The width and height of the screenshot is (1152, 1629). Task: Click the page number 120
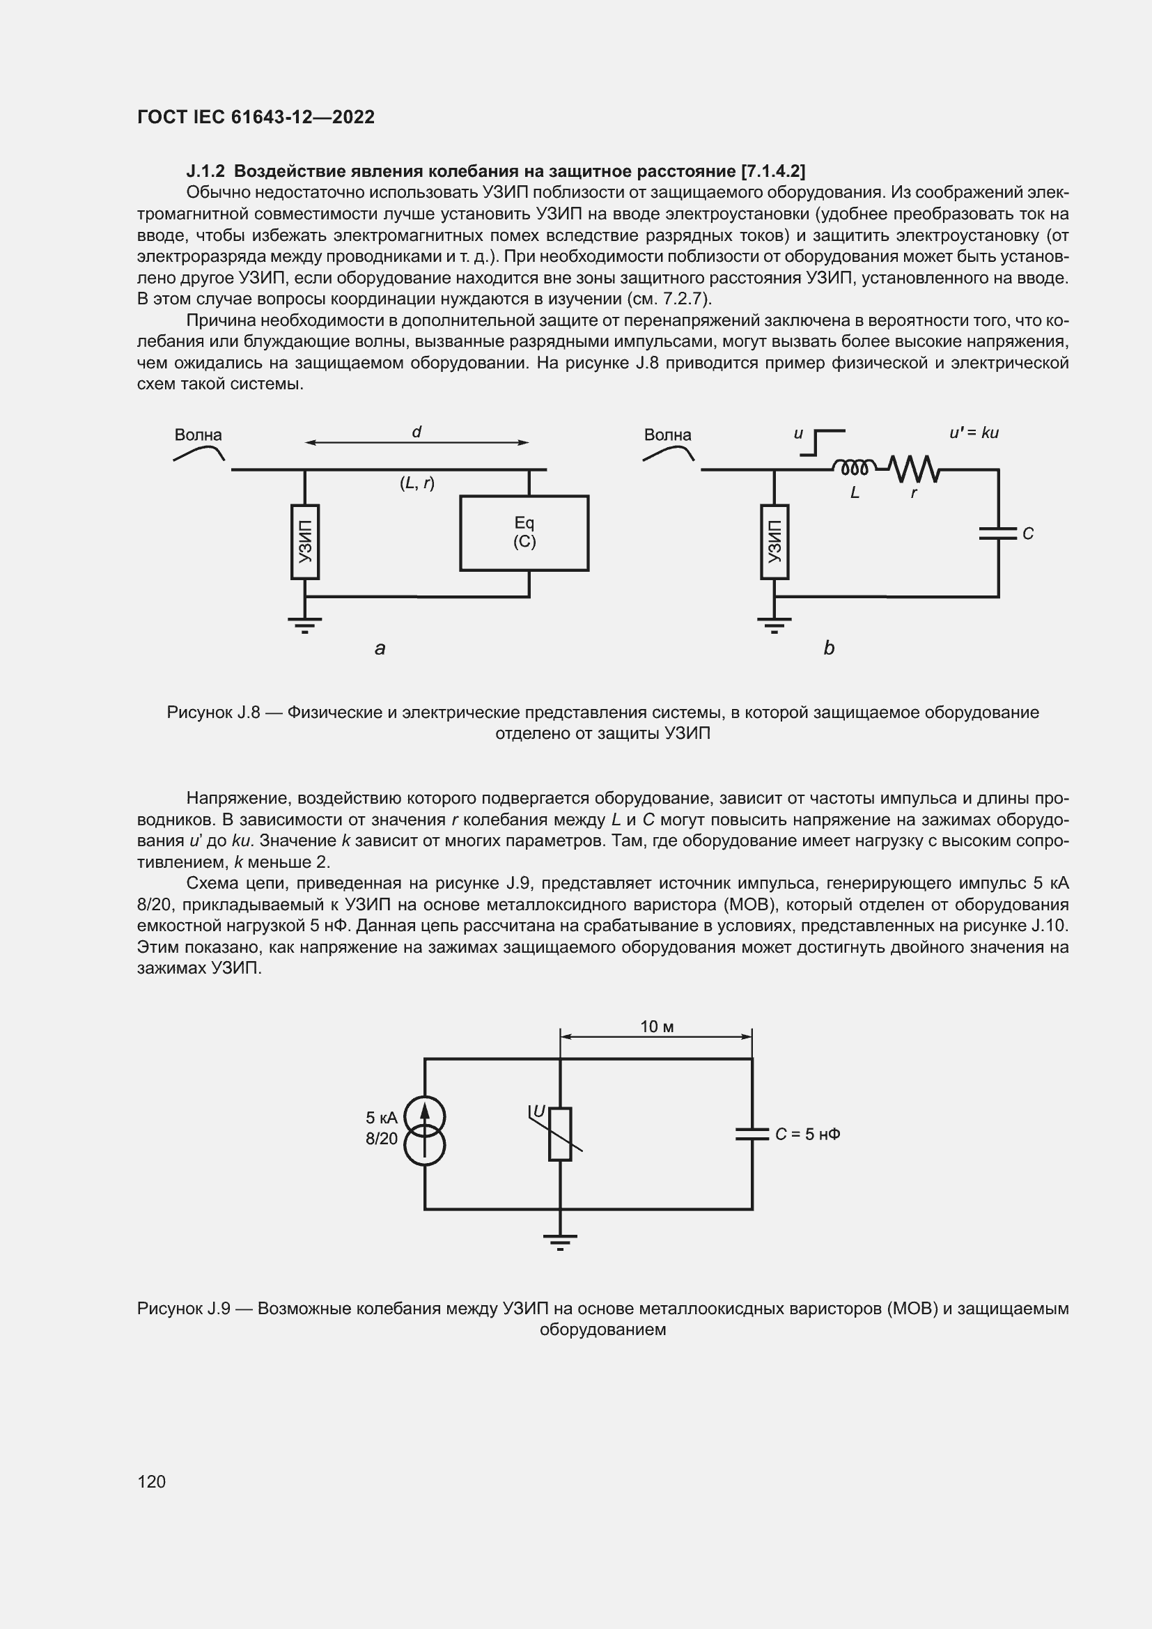(151, 1481)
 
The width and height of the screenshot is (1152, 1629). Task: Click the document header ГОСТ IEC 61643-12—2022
(256, 117)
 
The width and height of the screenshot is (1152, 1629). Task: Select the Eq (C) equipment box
(524, 533)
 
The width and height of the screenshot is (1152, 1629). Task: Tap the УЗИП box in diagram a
(305, 541)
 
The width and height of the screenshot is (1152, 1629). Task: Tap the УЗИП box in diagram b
(774, 541)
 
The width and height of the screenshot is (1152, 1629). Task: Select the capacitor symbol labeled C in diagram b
(998, 533)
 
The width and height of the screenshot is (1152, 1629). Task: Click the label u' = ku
(974, 432)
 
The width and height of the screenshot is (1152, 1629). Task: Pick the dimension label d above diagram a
(417, 432)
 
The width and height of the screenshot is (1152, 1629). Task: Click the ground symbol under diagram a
(305, 623)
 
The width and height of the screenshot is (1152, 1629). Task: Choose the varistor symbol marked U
(560, 1133)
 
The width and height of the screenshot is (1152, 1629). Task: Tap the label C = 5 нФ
(807, 1134)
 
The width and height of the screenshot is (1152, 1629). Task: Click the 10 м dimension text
(656, 1027)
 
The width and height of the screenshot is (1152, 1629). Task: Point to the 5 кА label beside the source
(382, 1117)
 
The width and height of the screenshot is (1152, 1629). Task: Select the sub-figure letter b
(829, 648)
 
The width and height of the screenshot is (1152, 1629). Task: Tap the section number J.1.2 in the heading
(205, 171)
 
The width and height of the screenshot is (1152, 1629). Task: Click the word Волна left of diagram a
(198, 435)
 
